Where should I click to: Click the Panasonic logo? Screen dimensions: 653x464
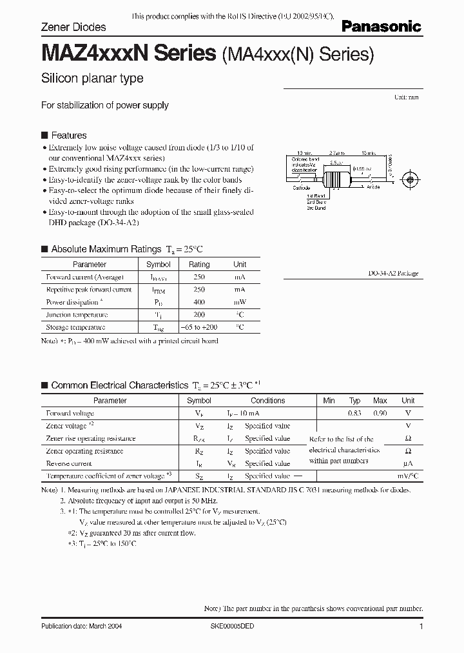[x=381, y=26]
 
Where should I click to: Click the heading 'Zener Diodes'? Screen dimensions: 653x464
[x=73, y=28]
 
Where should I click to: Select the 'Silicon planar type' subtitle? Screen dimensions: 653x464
[x=92, y=79]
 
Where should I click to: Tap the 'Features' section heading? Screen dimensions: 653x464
[x=68, y=136]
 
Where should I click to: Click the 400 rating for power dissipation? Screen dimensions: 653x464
[x=198, y=302]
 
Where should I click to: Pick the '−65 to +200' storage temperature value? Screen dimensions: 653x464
[x=198, y=327]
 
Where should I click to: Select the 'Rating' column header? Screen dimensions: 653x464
[x=198, y=265]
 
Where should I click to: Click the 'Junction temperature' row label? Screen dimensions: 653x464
[x=77, y=315]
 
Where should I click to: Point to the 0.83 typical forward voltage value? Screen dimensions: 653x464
[x=354, y=413]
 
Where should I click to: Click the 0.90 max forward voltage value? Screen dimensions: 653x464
[x=380, y=413]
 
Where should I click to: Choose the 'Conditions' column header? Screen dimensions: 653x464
[x=267, y=401]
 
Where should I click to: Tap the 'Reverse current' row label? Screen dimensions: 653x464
[x=69, y=463]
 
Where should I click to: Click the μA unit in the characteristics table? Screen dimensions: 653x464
[x=407, y=463]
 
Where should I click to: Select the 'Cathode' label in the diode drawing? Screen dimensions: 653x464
[x=301, y=187]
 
